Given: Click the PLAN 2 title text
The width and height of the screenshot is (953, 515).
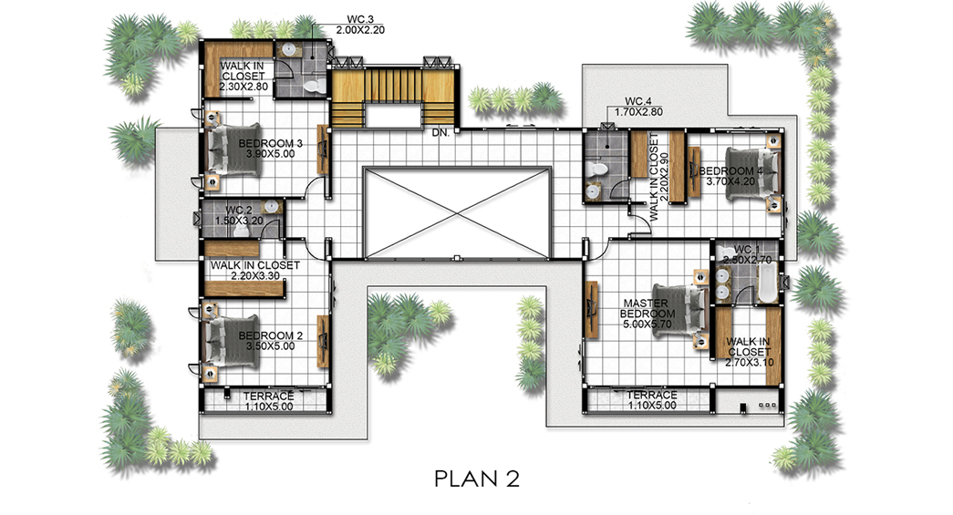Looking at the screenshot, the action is coord(477,479).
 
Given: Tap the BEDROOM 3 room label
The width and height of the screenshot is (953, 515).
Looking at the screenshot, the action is coord(271,144).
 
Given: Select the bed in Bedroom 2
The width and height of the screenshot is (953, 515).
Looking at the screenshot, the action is coord(233,341).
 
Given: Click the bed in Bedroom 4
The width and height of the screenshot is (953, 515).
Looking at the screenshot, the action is coord(751,174).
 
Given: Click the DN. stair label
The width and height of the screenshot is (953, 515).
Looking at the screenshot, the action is coord(440,132).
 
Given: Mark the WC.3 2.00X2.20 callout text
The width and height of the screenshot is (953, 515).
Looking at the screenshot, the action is coord(360,25).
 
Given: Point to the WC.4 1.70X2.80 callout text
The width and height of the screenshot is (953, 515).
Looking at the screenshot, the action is coord(638,107).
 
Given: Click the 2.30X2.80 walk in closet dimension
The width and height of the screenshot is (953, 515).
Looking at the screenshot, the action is coord(243,87).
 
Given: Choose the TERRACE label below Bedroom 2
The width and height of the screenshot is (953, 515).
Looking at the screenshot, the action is coord(269,396).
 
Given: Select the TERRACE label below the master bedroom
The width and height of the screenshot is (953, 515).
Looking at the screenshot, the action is coord(651,396).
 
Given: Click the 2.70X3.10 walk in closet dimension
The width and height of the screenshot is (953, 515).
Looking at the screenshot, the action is coord(750,363).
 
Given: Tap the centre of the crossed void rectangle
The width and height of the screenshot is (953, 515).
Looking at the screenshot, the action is coord(457,213).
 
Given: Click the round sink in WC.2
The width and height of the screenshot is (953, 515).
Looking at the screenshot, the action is coord(271,208).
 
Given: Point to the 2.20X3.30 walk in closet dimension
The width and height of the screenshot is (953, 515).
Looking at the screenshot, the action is coord(255,275).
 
